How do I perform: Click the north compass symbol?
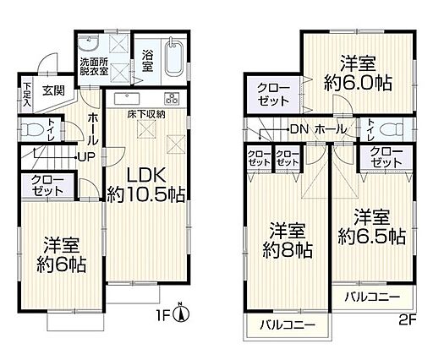(183, 314)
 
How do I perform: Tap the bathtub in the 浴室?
(174, 58)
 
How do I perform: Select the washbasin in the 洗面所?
(88, 43)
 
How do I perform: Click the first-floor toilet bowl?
(33, 130)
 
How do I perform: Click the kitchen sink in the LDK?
(127, 98)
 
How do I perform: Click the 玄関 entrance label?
(53, 90)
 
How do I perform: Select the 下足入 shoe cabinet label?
(27, 94)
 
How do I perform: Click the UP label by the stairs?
(86, 156)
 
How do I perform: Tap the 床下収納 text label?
(146, 115)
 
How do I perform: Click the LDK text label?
(146, 176)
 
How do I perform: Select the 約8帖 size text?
(288, 250)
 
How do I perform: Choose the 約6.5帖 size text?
(372, 237)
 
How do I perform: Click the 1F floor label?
(162, 314)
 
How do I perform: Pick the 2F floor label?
(408, 320)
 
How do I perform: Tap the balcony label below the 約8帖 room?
(288, 326)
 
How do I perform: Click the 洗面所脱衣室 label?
(93, 67)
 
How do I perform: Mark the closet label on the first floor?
(47, 185)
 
